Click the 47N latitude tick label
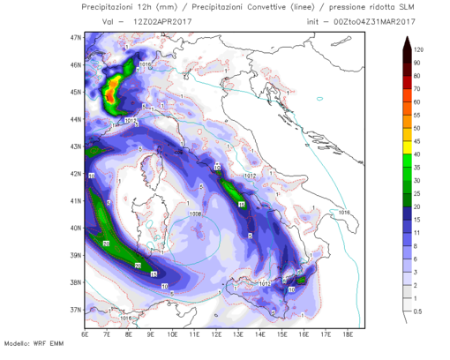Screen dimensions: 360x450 pos(76,38)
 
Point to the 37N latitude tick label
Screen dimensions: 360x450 pos(76,310)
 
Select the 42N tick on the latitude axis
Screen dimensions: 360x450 pos(76,174)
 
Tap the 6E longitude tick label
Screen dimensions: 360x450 pos(85,335)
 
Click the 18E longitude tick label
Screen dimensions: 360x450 pos(349,335)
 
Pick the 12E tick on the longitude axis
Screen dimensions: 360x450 pos(216,335)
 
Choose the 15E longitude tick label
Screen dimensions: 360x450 pos(282,335)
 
